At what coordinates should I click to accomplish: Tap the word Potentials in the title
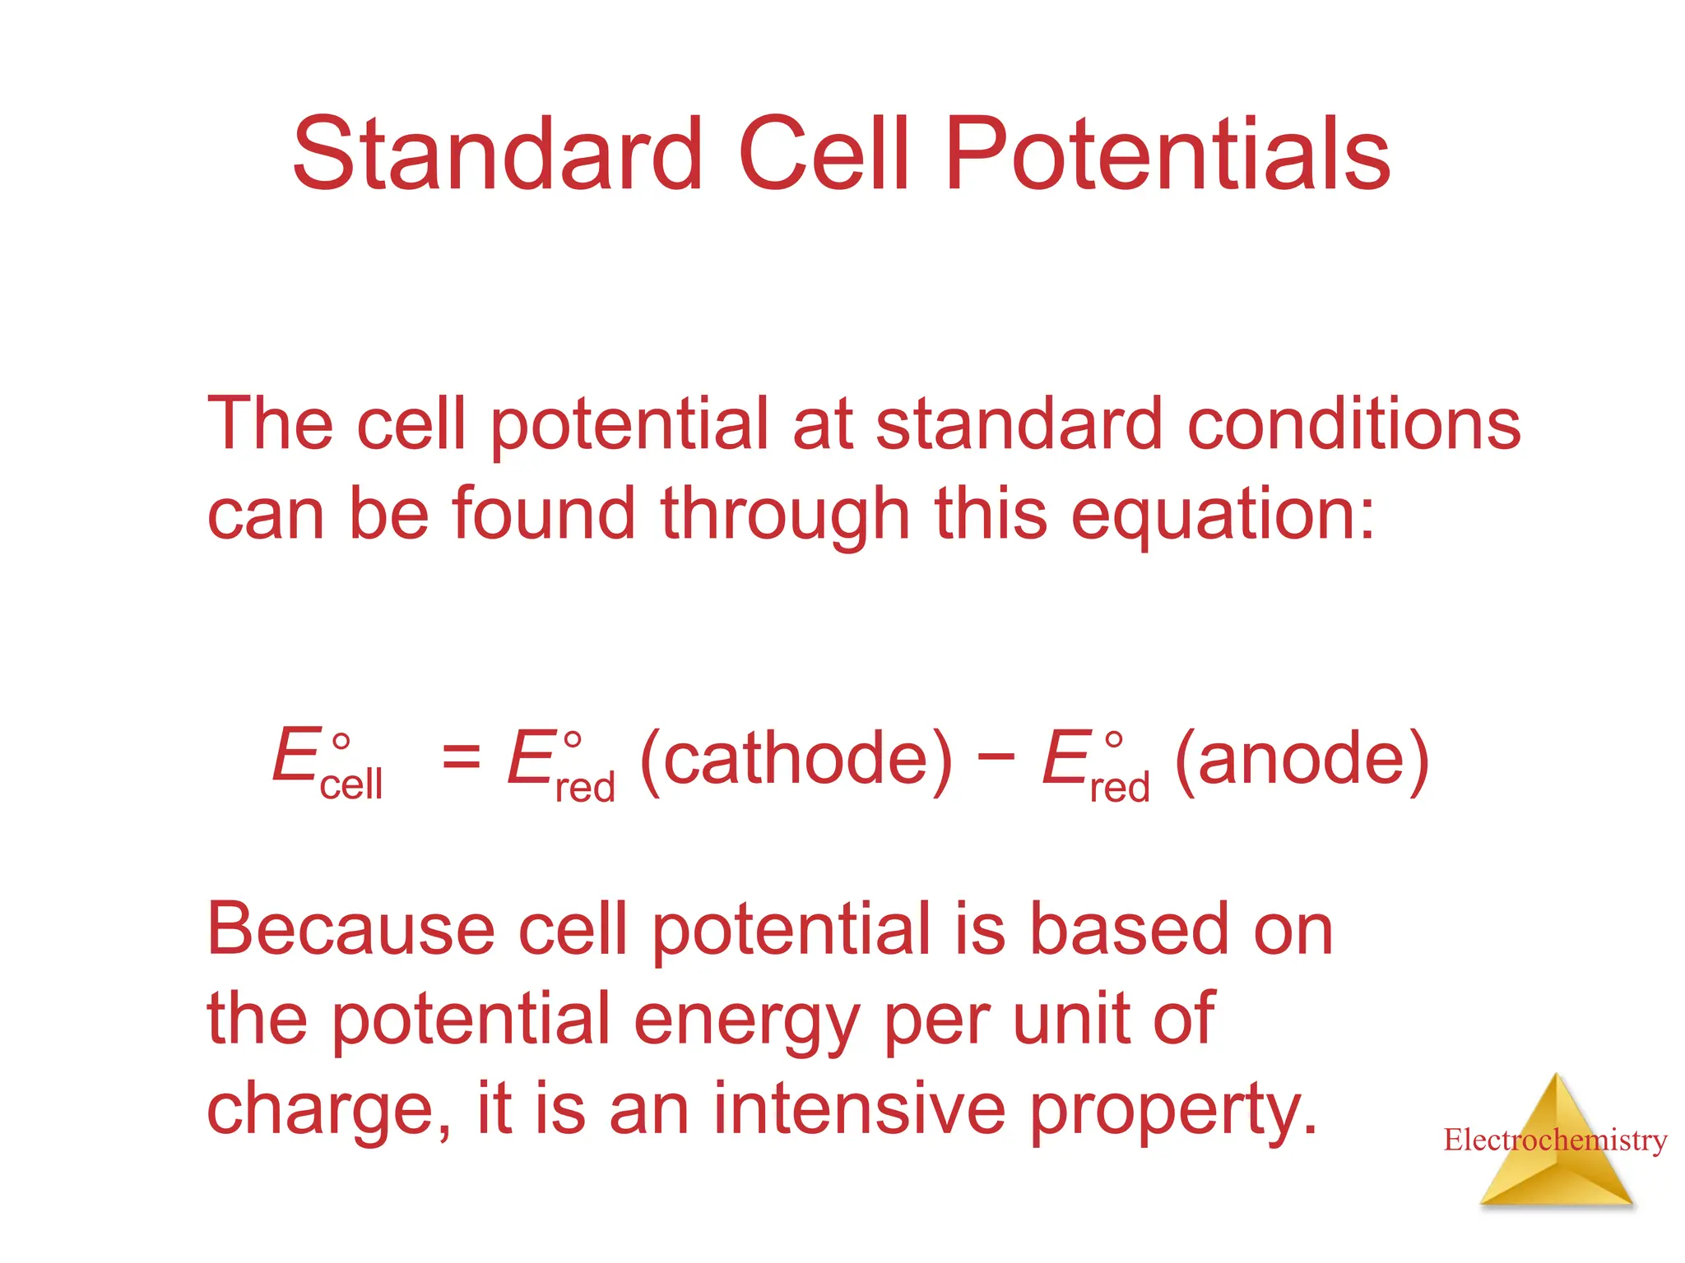[1167, 154]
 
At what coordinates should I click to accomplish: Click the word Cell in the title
[824, 154]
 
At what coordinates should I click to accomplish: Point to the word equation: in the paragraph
[1223, 516]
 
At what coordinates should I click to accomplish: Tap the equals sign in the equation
[461, 755]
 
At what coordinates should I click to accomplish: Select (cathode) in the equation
[796, 758]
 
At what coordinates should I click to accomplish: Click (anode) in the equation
[1302, 758]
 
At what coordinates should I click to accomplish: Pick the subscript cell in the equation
[350, 784]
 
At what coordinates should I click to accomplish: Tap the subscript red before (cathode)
[585, 788]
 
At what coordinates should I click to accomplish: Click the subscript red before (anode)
[1119, 788]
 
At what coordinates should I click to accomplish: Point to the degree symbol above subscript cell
[341, 742]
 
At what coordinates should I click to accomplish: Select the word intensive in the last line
[858, 1109]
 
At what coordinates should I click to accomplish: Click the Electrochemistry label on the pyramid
[1555, 1140]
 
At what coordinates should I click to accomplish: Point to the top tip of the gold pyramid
[1556, 1076]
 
